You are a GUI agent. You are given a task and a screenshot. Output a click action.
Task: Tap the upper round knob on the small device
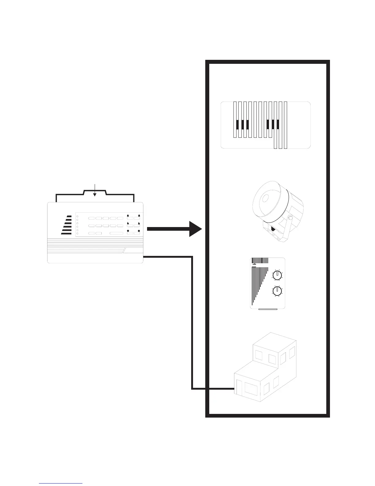coord(277,276)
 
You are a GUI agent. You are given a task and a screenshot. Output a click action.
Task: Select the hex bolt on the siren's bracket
coord(289,218)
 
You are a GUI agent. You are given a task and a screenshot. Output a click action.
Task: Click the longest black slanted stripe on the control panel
coord(66,233)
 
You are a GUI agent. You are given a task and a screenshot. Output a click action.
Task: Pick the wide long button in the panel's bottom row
coord(116,233)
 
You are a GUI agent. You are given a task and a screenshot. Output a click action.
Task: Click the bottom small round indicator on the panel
coord(78,234)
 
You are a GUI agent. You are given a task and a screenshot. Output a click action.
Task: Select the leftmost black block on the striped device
coord(237,124)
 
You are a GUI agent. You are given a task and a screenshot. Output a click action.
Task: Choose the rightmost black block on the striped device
coord(278,124)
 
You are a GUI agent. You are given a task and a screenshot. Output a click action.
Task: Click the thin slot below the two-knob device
coord(268,309)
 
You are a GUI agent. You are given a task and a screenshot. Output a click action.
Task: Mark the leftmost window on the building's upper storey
coord(259,356)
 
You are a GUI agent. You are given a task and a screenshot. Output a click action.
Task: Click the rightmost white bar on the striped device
coord(286,125)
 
